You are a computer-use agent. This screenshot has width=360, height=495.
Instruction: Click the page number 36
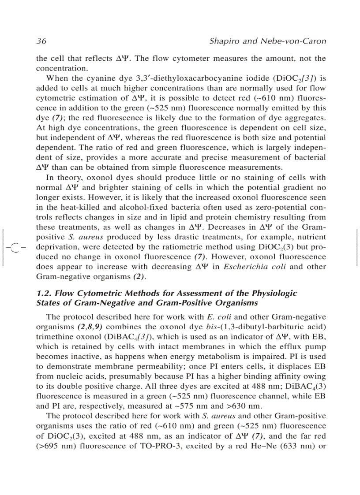click(41, 41)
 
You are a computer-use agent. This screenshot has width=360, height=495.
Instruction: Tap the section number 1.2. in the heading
click(44, 293)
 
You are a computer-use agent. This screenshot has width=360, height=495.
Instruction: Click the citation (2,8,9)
click(90, 327)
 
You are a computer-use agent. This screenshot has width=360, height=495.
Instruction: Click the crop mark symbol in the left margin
click(15, 246)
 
